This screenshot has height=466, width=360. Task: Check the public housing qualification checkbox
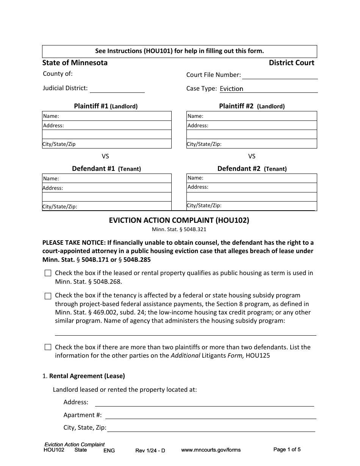tap(48, 273)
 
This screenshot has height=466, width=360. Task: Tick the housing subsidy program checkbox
tap(48, 296)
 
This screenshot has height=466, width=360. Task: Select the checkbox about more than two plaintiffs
tap(48, 347)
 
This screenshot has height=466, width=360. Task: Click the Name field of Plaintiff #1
tap(114, 116)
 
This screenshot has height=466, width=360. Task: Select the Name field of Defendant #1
tap(114, 178)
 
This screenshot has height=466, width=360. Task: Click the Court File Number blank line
tap(280, 75)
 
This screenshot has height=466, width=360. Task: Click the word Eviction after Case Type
tap(231, 89)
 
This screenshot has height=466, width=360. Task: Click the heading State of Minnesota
tap(75, 63)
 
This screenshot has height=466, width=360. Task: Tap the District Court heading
tap(291, 63)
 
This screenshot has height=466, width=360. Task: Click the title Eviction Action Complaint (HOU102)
tap(179, 220)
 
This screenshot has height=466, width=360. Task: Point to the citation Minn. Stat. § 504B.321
tap(179, 229)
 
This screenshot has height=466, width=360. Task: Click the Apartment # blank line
tap(210, 415)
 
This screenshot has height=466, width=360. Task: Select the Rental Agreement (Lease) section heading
tap(87, 376)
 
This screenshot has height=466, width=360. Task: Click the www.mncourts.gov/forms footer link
tap(211, 450)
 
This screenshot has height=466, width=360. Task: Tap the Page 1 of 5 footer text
tap(287, 450)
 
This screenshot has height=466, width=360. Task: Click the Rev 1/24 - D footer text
tap(150, 450)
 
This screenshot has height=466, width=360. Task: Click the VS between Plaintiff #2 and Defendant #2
tap(252, 156)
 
